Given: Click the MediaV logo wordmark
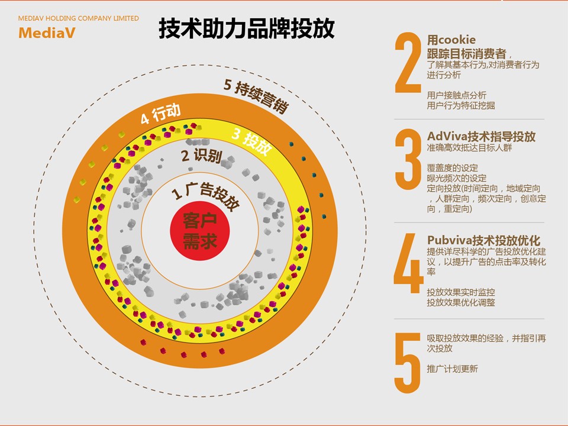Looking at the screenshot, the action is click(47, 33).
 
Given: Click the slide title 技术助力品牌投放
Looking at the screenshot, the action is click(246, 28).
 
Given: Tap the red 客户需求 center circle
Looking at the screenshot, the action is click(200, 231).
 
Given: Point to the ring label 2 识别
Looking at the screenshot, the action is click(201, 156).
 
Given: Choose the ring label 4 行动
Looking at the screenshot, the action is click(160, 114).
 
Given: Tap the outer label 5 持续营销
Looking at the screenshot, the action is click(256, 95).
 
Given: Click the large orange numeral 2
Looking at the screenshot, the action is click(408, 63).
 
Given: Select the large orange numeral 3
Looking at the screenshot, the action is click(408, 159).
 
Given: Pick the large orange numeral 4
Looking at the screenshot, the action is click(409, 263).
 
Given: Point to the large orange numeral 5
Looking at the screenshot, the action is click(408, 363).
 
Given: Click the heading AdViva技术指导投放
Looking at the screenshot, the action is click(481, 136).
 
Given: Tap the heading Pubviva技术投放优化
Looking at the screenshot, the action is click(483, 240).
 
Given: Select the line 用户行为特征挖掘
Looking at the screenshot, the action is click(461, 105).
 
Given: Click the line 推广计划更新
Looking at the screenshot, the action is click(453, 369).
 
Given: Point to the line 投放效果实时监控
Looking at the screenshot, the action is click(461, 292).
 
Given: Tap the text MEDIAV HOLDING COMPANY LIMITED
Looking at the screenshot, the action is click(79, 18).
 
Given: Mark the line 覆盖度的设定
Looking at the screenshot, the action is click(453, 167).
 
